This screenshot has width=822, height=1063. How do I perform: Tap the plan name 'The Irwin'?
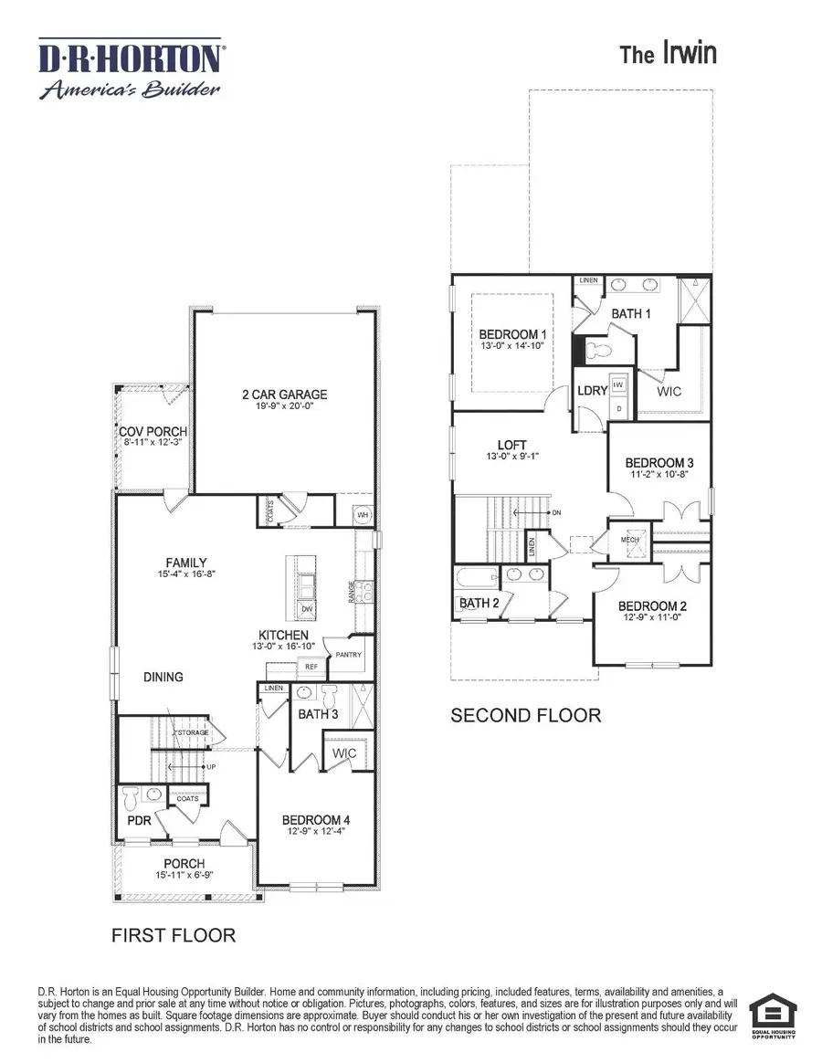click(x=668, y=54)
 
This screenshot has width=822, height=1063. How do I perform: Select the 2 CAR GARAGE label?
click(x=284, y=395)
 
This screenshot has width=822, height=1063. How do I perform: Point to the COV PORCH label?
click(x=153, y=432)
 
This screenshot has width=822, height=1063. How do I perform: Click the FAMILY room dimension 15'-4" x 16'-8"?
click(x=185, y=574)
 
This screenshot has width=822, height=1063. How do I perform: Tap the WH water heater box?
click(x=362, y=514)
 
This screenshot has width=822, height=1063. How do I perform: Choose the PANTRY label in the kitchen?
click(x=349, y=655)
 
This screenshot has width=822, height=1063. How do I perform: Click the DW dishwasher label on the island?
click(x=307, y=608)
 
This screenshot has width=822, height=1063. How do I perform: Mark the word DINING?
click(x=163, y=677)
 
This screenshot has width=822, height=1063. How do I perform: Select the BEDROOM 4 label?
click(x=315, y=819)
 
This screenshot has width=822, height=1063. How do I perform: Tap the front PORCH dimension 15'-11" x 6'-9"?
click(x=184, y=874)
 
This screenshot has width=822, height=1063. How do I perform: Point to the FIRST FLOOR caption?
click(x=174, y=935)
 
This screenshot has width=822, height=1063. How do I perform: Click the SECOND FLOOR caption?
click(x=526, y=715)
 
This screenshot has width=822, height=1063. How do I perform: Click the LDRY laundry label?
click(x=592, y=391)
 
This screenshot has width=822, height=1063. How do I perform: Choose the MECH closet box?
click(x=630, y=539)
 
